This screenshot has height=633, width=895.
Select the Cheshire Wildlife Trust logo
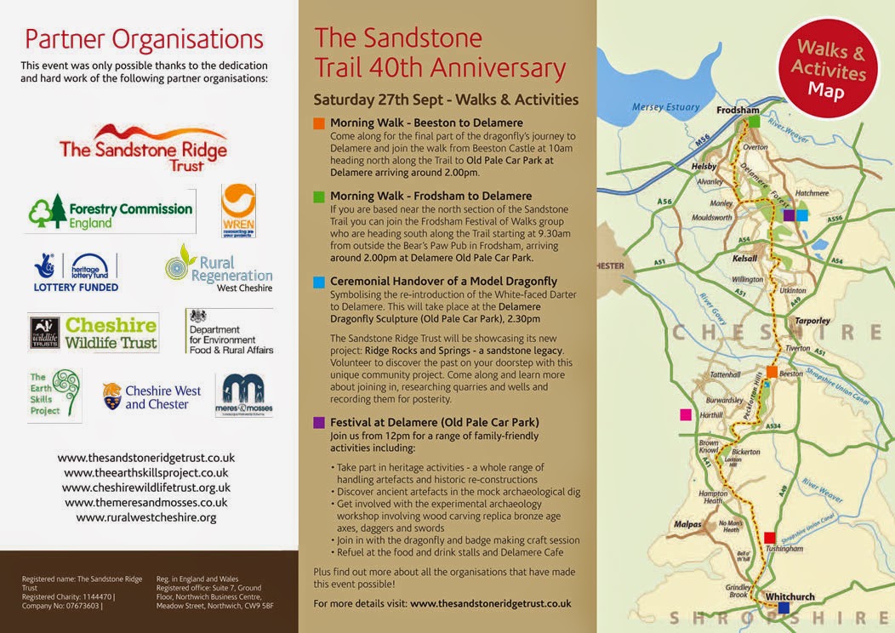[94, 333]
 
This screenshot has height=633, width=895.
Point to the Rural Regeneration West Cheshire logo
[219, 269]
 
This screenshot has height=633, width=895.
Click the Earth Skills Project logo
[54, 394]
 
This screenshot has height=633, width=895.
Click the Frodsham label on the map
[737, 110]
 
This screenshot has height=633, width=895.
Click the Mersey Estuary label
[665, 107]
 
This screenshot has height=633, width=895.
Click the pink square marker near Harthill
[685, 414]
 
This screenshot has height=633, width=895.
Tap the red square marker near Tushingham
[769, 537]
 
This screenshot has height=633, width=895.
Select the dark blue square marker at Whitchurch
[784, 607]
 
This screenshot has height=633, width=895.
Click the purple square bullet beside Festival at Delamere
[319, 422]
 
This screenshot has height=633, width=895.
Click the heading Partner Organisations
[144, 39]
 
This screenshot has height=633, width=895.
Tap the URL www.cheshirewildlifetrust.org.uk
[146, 487]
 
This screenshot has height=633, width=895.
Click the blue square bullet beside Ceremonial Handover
[319, 282]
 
